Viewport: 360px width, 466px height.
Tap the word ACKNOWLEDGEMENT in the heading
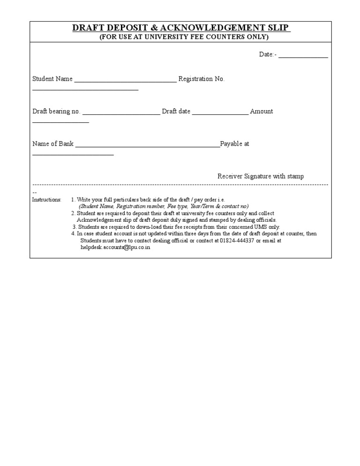click(x=210, y=28)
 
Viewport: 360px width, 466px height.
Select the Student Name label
click(x=52, y=79)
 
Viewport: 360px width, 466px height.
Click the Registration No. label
click(x=202, y=79)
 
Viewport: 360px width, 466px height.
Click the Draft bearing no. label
click(x=56, y=112)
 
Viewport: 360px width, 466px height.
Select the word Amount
click(x=262, y=112)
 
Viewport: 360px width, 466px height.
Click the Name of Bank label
click(x=53, y=144)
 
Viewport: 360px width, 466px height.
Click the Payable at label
click(x=235, y=144)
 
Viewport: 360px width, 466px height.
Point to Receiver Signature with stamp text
click(x=260, y=176)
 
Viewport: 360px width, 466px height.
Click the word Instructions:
click(x=46, y=200)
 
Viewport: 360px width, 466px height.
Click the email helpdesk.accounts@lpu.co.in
click(x=115, y=248)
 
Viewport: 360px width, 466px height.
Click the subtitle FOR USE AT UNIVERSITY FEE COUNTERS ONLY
click(x=184, y=37)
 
